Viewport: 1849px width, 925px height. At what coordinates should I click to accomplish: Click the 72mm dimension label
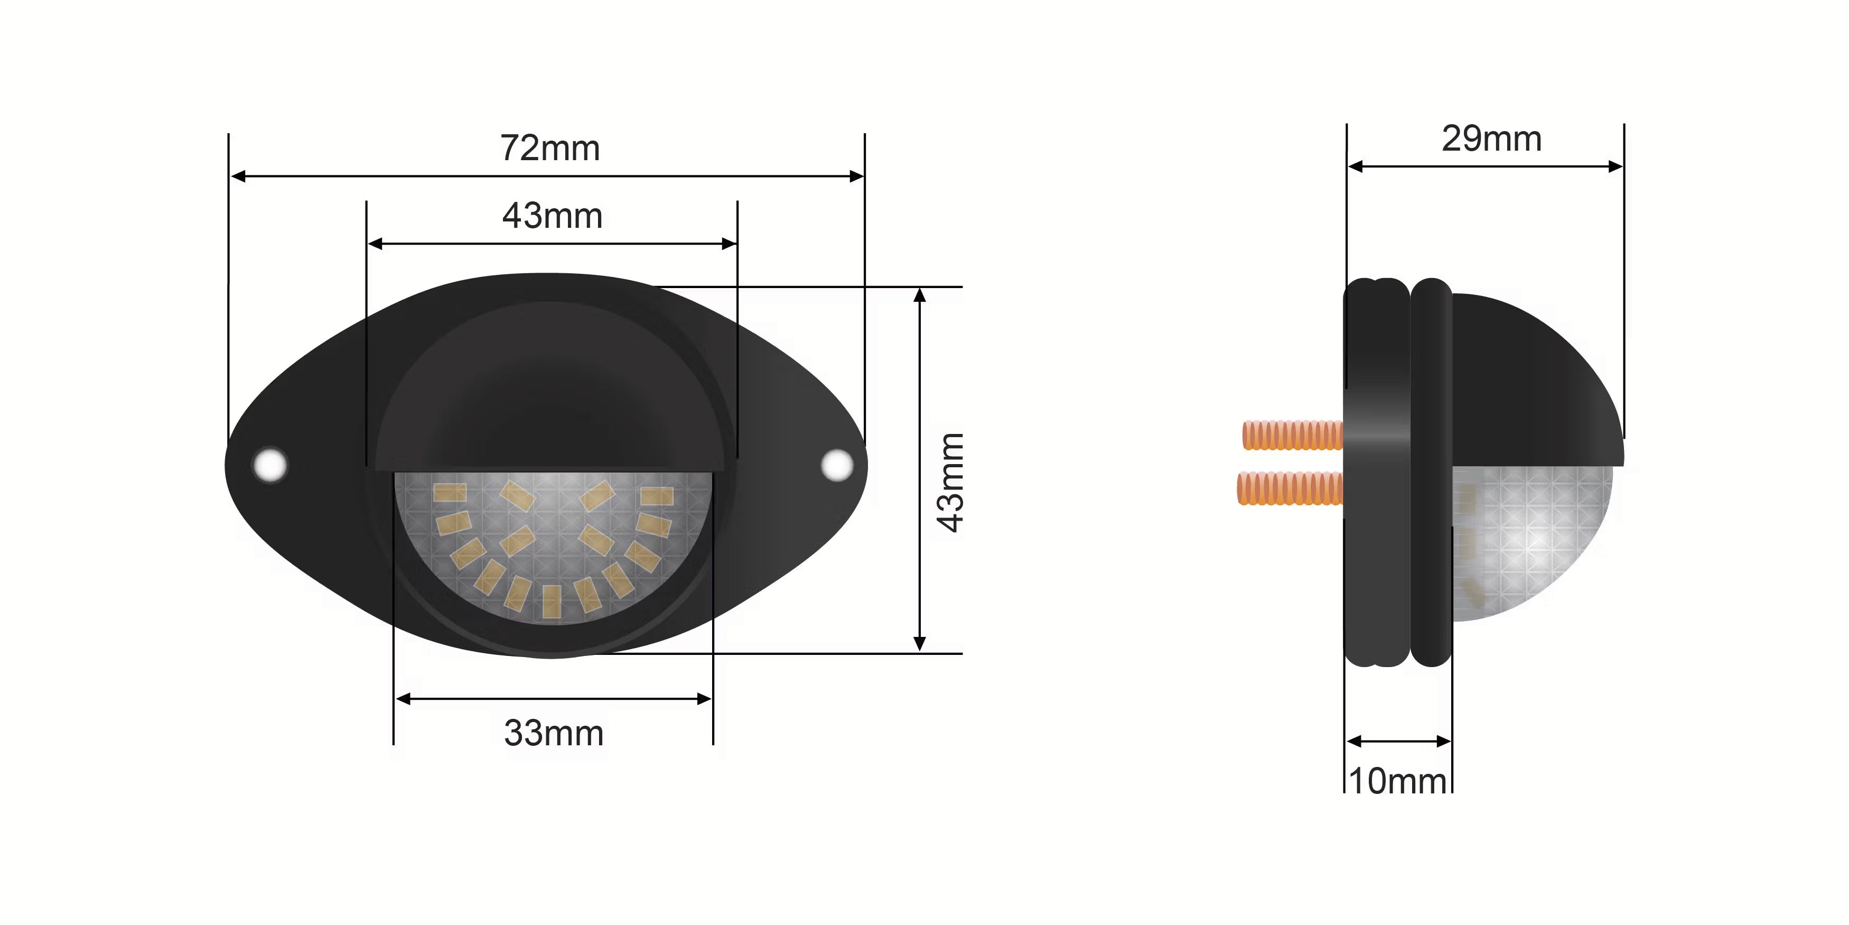(x=550, y=149)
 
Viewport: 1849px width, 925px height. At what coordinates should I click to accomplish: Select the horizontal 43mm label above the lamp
(x=552, y=216)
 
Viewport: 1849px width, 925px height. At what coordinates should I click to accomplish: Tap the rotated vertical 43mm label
(x=951, y=482)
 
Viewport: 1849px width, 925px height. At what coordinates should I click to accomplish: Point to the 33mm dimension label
(x=554, y=733)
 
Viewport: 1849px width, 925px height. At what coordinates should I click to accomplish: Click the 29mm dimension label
(x=1491, y=140)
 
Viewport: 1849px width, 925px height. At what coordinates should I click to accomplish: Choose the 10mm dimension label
(x=1397, y=781)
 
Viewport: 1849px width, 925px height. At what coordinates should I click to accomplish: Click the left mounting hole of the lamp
(x=270, y=464)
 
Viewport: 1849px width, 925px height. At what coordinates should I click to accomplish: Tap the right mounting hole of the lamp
(x=836, y=464)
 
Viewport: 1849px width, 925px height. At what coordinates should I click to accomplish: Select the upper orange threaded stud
(x=1292, y=435)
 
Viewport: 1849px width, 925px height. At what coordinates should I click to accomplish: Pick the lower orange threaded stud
(x=1290, y=488)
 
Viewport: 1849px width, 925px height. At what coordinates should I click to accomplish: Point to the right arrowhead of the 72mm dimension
(x=856, y=176)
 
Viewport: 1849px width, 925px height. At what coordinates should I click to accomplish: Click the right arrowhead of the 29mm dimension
(x=1615, y=166)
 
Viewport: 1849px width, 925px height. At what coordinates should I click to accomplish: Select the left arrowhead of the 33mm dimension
(x=404, y=699)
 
